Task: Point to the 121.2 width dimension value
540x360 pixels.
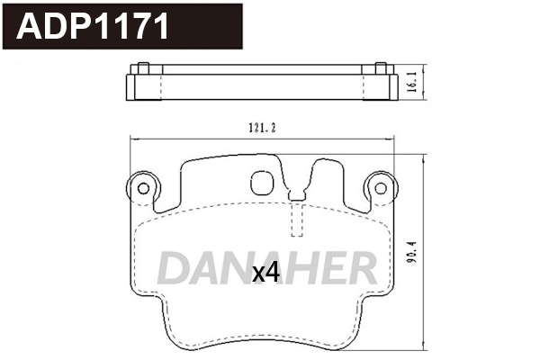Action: [261, 128]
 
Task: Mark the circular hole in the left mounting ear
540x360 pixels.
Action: [141, 187]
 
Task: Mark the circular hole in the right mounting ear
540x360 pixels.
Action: [380, 187]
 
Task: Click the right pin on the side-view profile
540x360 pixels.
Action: [380, 68]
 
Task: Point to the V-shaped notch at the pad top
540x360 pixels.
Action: [297, 187]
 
